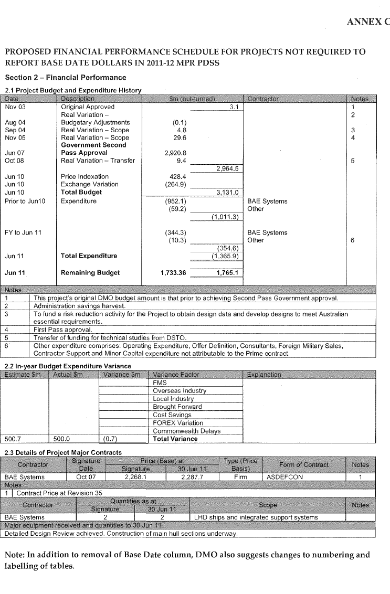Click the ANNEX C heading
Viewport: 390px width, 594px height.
pyautogui.click(x=368, y=22)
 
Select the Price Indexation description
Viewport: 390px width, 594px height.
pyautogui.click(x=85, y=177)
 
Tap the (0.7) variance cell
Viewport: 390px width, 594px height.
pyautogui.click(x=109, y=439)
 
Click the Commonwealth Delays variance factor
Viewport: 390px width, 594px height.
pyautogui.click(x=186, y=431)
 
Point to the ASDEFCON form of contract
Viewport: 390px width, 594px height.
pyautogui.click(x=283, y=478)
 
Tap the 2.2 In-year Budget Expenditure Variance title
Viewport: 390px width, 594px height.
pyautogui.click(x=67, y=366)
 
